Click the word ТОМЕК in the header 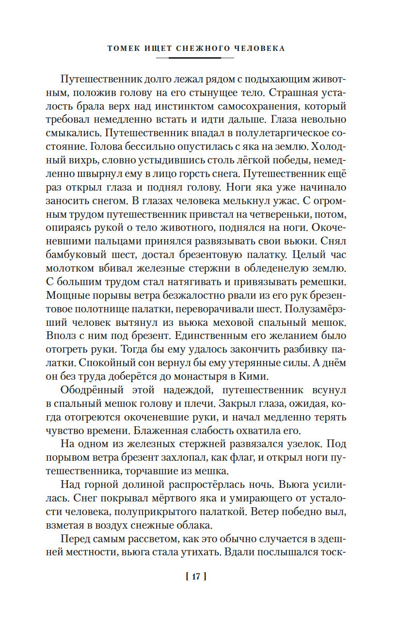123,48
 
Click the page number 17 196,577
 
